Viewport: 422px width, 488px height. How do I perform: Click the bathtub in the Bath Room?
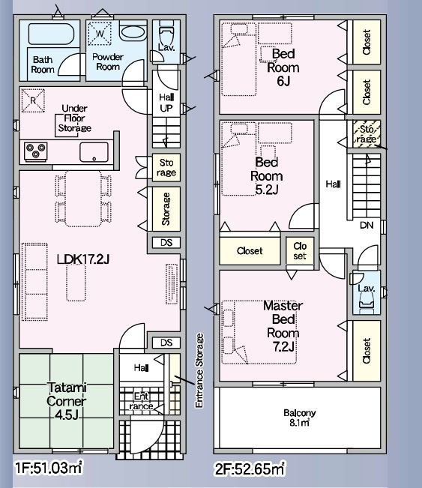pyautogui.click(x=52, y=34)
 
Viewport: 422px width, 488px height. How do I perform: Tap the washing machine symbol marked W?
pyautogui.click(x=99, y=33)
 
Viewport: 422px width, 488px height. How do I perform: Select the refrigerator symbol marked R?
pyautogui.click(x=33, y=100)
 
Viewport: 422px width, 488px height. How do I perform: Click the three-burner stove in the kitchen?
pyautogui.click(x=36, y=151)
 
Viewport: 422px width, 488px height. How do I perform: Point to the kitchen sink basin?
pyautogui.click(x=94, y=152)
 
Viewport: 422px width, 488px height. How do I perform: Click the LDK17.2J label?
pyautogui.click(x=83, y=259)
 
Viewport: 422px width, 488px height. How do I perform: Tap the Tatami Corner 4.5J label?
pyautogui.click(x=66, y=401)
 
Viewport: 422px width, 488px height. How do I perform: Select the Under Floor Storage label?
pyautogui.click(x=75, y=118)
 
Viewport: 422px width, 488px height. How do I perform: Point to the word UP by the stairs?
pyautogui.click(x=166, y=108)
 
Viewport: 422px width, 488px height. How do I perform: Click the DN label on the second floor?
pyautogui.click(x=367, y=225)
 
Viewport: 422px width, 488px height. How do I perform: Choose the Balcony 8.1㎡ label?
pyautogui.click(x=299, y=418)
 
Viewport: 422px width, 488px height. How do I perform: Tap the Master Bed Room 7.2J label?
pyautogui.click(x=283, y=326)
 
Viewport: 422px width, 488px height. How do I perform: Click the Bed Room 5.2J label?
pyautogui.click(x=267, y=176)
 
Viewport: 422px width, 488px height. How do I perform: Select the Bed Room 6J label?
pyautogui.click(x=283, y=67)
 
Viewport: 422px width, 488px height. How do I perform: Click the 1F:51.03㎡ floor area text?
pyautogui.click(x=49, y=467)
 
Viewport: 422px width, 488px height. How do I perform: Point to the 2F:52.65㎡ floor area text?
pyautogui.click(x=250, y=469)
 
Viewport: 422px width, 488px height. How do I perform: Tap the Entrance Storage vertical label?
pyautogui.click(x=199, y=370)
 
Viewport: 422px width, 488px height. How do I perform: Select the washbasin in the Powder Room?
pyautogui.click(x=133, y=32)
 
